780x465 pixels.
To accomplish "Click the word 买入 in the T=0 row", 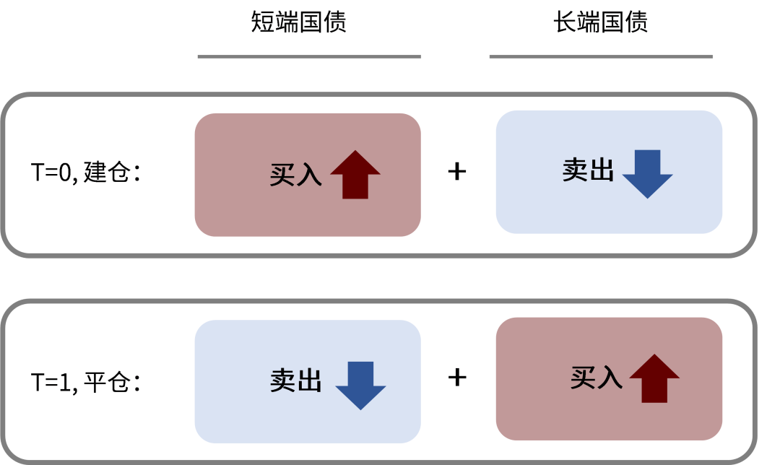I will tap(295, 175).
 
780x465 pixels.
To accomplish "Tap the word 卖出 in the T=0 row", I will tap(588, 170).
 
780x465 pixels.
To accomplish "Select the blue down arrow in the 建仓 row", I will tap(647, 174).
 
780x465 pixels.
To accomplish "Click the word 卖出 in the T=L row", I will tap(295, 381).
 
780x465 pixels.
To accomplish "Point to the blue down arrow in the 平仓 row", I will tap(360, 386).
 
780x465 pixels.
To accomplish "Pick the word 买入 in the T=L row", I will tap(596, 378).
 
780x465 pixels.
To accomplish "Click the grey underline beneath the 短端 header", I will tap(309, 56).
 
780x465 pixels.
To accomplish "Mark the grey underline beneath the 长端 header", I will tap(601, 56).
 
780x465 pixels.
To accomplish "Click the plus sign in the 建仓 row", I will tap(458, 172).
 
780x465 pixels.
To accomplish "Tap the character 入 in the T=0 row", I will tap(309, 175).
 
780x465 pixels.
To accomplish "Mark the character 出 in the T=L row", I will tap(309, 381).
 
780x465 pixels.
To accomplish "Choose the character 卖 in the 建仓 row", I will tap(575, 170).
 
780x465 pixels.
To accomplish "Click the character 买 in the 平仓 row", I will tap(583, 378).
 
